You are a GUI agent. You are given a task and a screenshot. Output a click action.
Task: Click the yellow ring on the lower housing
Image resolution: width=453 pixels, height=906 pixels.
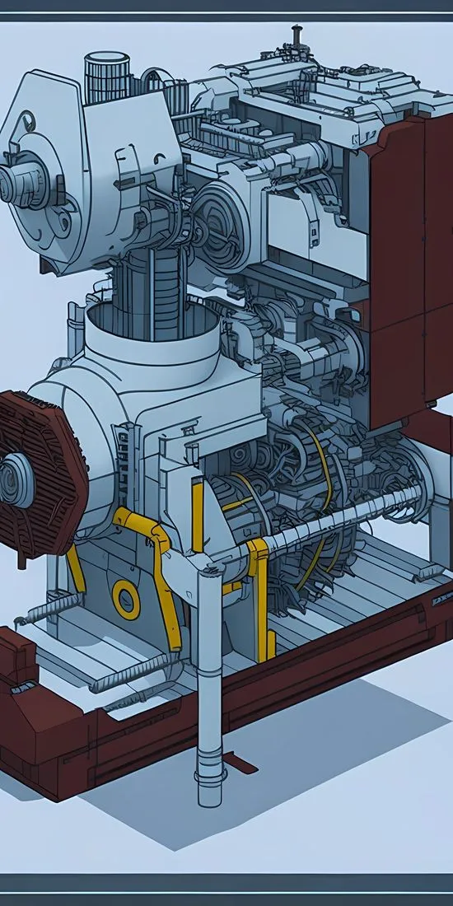tap(126, 599)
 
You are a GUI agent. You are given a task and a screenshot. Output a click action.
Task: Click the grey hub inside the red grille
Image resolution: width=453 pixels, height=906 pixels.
tap(15, 477)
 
